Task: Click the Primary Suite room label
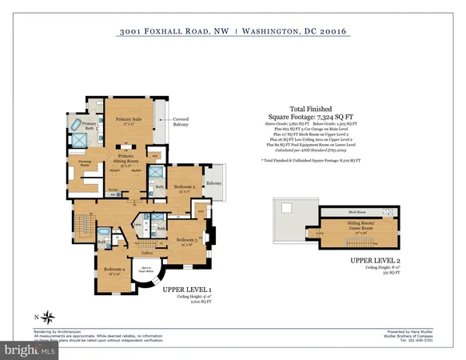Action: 129,120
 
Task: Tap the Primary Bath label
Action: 90,125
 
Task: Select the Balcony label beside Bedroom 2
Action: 213,183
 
